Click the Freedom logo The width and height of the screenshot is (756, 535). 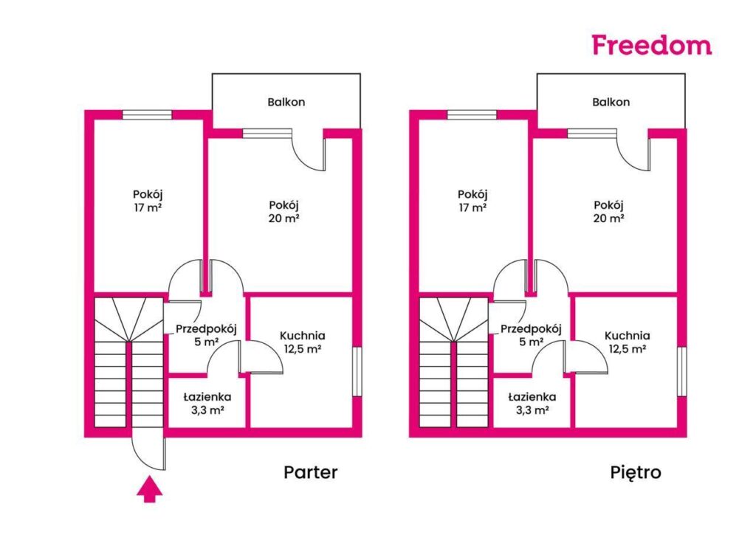coord(651,45)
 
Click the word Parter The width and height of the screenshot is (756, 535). coord(311,472)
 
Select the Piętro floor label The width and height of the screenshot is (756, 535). coord(636,472)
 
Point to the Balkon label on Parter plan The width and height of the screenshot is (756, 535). coord(286,102)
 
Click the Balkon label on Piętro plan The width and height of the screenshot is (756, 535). coord(611,102)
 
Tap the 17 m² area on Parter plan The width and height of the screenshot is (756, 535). coord(148,208)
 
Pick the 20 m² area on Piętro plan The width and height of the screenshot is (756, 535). coord(610,218)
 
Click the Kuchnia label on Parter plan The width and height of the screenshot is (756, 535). coord(303,336)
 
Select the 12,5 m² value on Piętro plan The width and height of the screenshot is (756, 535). coord(628,348)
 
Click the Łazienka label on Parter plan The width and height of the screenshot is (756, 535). coord(204,397)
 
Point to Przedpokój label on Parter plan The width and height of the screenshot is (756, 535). coord(205,329)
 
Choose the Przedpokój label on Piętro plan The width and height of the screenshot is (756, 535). coord(531,329)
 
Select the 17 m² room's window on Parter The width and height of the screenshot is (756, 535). coord(147,114)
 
